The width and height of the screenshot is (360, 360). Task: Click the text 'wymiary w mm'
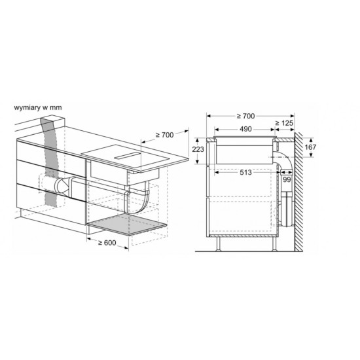pos(38,107)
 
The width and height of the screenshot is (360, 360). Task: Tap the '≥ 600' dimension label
pos(107,243)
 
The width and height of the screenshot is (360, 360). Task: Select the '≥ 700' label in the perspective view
pos(164,135)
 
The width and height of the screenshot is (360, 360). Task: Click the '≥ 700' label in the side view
pos(245,116)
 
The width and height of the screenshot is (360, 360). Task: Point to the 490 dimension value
pos(245,129)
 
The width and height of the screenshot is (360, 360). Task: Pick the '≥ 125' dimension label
pos(284,123)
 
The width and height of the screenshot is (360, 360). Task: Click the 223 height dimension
pos(198,149)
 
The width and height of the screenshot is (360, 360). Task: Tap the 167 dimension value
pos(310,147)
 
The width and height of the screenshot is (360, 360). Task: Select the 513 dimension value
pos(245,172)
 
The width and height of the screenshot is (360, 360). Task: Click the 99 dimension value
pos(287,179)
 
